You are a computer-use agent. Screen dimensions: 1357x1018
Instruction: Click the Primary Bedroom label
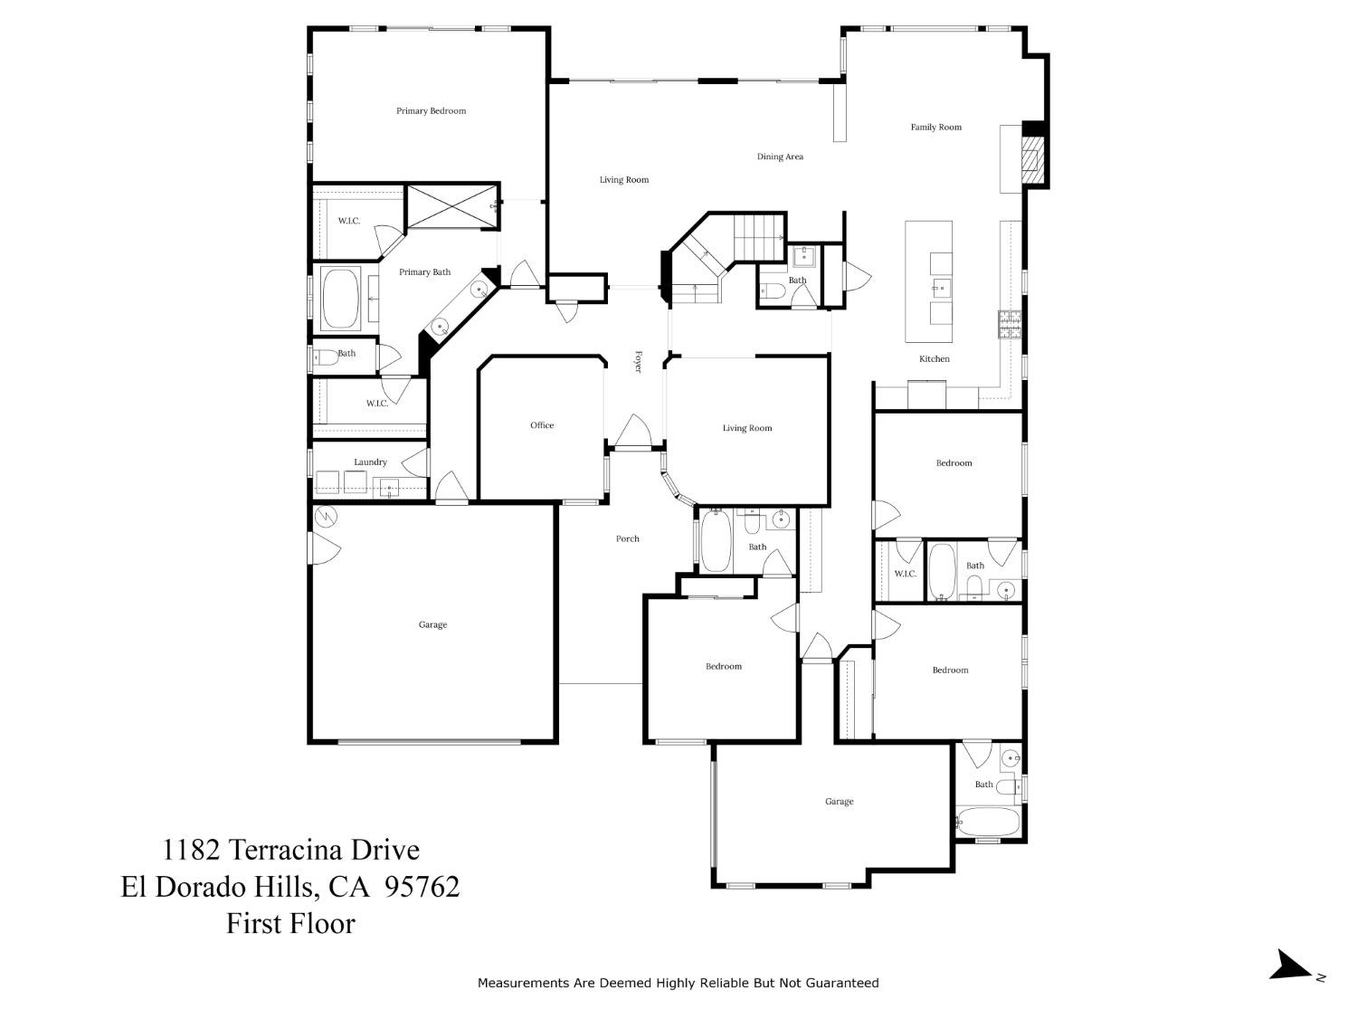coord(431,111)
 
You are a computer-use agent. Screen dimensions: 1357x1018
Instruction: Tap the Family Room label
coord(936,128)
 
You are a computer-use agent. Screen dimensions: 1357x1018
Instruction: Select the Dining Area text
coord(780,157)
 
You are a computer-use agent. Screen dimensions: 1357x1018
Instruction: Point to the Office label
coord(542,425)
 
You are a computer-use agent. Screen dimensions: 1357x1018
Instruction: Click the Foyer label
coord(639,362)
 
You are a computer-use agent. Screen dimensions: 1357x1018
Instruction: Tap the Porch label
coord(628,539)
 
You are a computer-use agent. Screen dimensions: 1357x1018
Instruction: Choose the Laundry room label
coord(370,462)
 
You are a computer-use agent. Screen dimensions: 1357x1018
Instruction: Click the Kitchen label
coord(935,359)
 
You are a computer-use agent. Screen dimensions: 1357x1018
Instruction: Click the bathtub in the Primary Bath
coord(341,298)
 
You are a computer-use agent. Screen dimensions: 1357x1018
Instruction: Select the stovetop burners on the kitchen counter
coord(1010,325)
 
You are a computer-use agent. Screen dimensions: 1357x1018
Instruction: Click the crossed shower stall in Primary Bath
coord(452,207)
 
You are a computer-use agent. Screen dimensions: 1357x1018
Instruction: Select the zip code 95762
coord(422,887)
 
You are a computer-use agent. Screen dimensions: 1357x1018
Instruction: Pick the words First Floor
coord(290,923)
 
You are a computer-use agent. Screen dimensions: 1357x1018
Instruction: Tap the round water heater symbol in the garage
coord(326,516)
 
